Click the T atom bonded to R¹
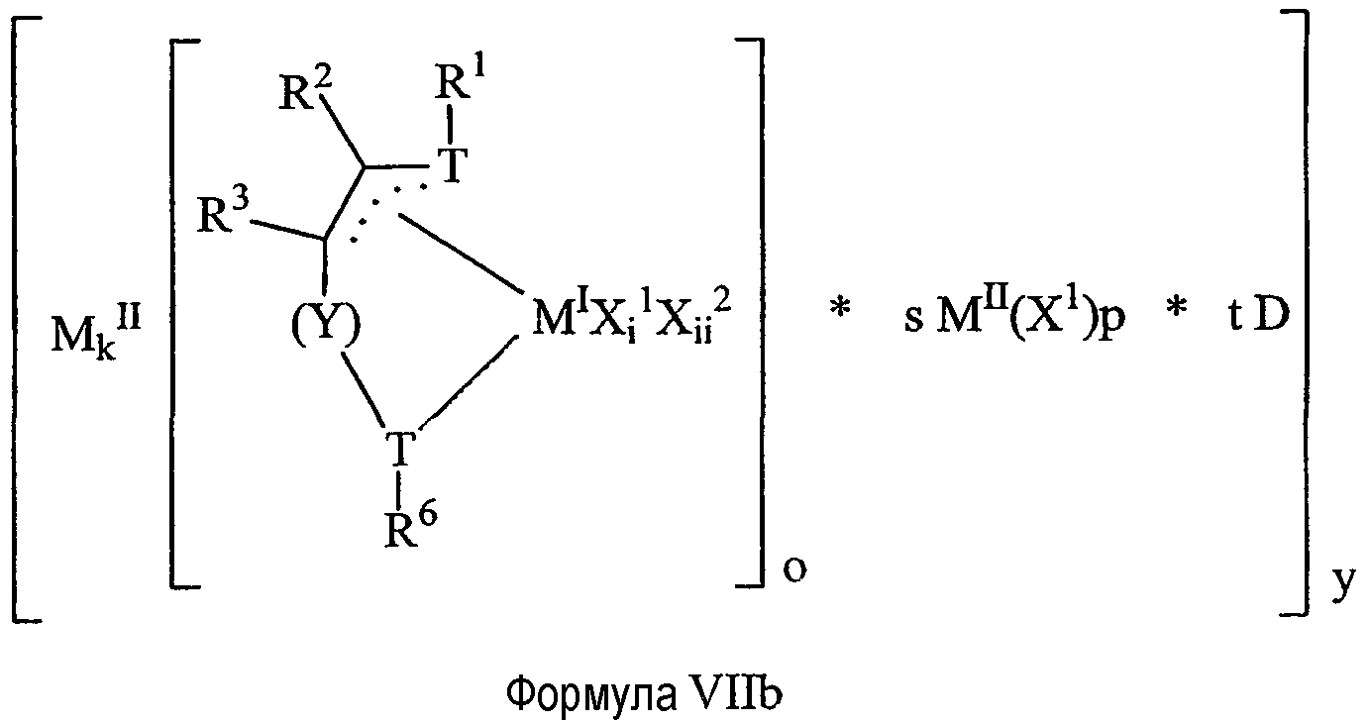452,165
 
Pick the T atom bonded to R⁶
400,449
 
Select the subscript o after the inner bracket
794,569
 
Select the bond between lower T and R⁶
400,484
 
